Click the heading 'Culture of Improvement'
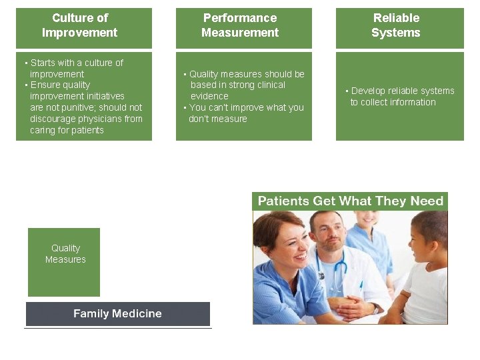tap(80, 25)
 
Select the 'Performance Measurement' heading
tap(240, 25)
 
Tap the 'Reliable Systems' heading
tap(396, 25)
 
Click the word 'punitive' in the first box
tap(76, 107)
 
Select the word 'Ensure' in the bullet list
tap(45, 85)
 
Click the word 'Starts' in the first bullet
tap(43, 63)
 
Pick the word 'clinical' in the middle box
tap(268, 85)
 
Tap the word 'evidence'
tap(209, 96)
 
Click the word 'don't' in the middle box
tap(199, 119)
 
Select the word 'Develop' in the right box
tap(368, 91)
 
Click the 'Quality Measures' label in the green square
tap(65, 253)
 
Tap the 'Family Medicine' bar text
tap(117, 313)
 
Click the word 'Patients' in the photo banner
tap(283, 201)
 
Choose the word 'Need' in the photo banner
tap(427, 201)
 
